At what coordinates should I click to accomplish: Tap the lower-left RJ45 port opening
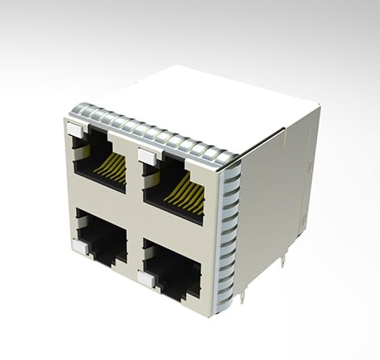tap(101, 236)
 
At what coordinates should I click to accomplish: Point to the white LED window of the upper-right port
tap(146, 155)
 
